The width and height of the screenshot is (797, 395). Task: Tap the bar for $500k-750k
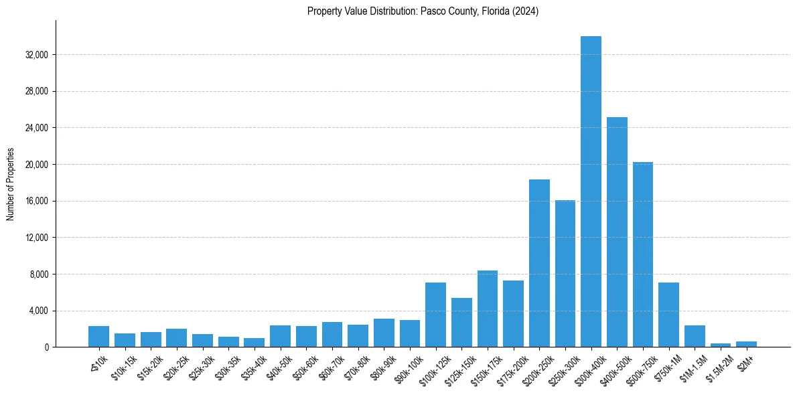(642, 254)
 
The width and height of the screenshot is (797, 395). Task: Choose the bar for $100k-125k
(435, 315)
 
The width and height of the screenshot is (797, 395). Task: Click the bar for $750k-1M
(668, 315)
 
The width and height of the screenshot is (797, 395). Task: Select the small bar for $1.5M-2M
(720, 345)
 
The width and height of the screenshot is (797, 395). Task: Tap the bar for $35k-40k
(254, 342)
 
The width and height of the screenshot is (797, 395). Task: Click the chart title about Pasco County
(423, 11)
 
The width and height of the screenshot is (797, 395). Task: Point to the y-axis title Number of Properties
(11, 183)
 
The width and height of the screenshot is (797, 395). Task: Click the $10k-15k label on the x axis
(121, 365)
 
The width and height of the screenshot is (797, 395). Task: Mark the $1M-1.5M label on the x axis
(691, 366)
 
